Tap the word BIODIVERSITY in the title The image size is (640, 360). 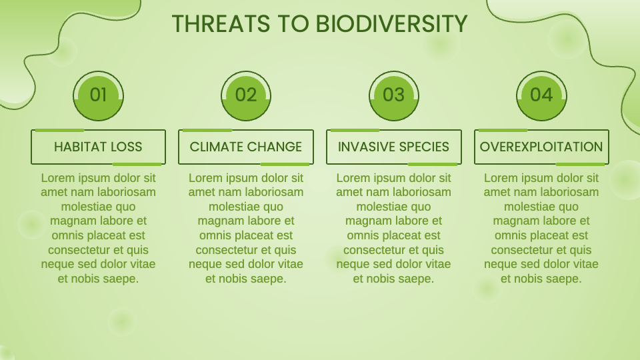point(391,23)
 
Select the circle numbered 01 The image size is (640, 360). point(98,95)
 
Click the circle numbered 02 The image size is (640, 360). point(246,95)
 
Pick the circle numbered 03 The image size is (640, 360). point(393,95)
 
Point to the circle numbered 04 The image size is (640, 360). point(541,95)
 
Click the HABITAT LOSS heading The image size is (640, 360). point(98,147)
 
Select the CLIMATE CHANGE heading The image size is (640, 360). point(246,147)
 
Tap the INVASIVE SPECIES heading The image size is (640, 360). point(393,147)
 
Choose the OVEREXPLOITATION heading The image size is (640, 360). point(541,147)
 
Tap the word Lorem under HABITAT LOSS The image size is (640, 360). point(57,178)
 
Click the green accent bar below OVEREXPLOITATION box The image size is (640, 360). point(580,164)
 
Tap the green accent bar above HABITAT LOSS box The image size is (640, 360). point(59,130)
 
